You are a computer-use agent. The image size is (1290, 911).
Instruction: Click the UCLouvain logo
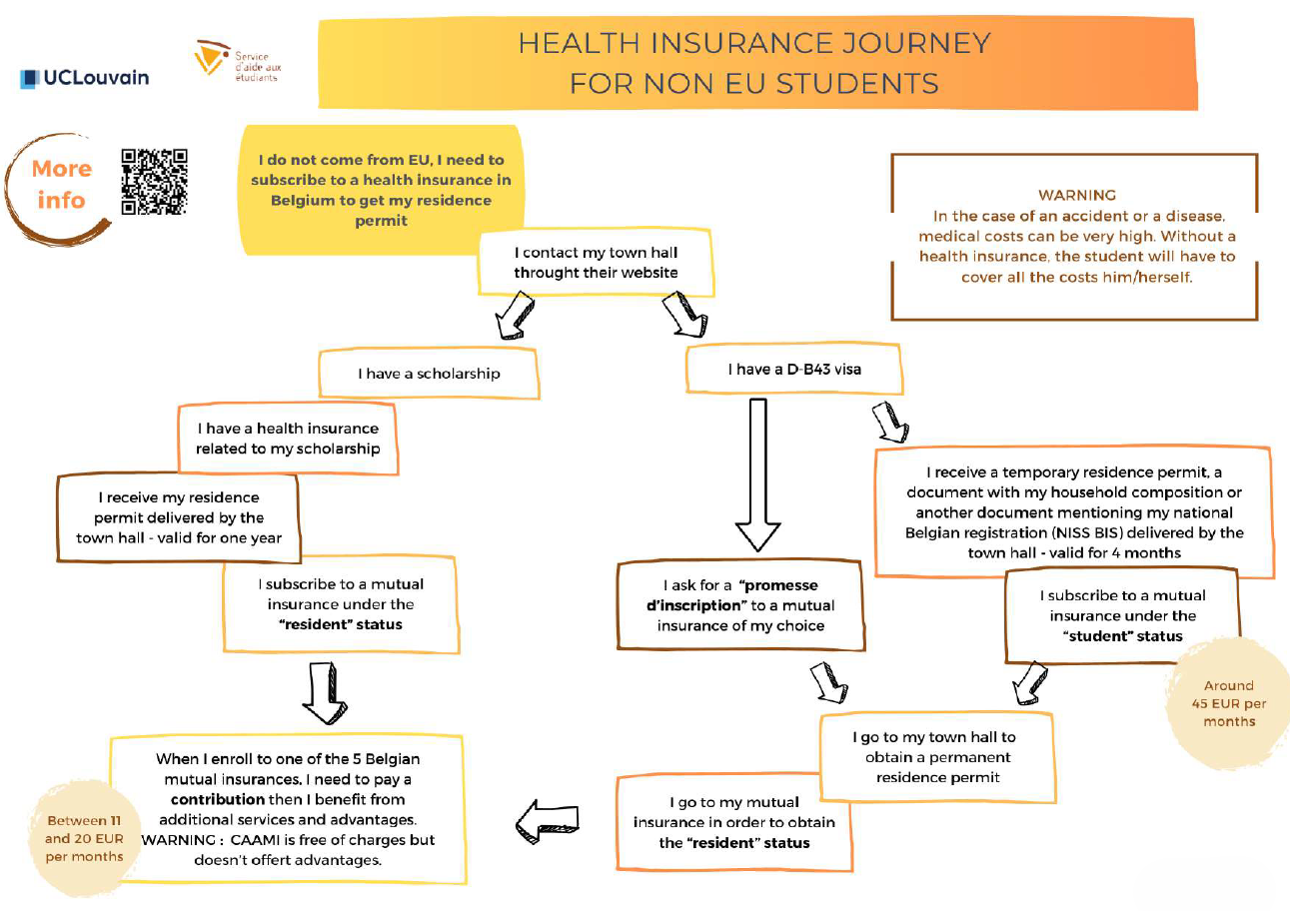pos(85,77)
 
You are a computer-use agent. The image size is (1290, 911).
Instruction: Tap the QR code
pos(154,181)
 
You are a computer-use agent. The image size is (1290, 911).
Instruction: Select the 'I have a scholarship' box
pos(429,374)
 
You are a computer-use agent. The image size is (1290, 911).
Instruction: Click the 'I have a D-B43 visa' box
pos(793,370)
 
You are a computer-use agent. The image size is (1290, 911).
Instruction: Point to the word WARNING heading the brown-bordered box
pos(1076,195)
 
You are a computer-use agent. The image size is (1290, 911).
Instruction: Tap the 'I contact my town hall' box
pos(596,263)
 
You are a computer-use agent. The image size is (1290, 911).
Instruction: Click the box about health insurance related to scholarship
pos(287,438)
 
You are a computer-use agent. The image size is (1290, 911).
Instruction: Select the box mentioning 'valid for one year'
pos(179,517)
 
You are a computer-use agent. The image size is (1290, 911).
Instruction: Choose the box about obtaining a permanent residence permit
pos(932,756)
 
